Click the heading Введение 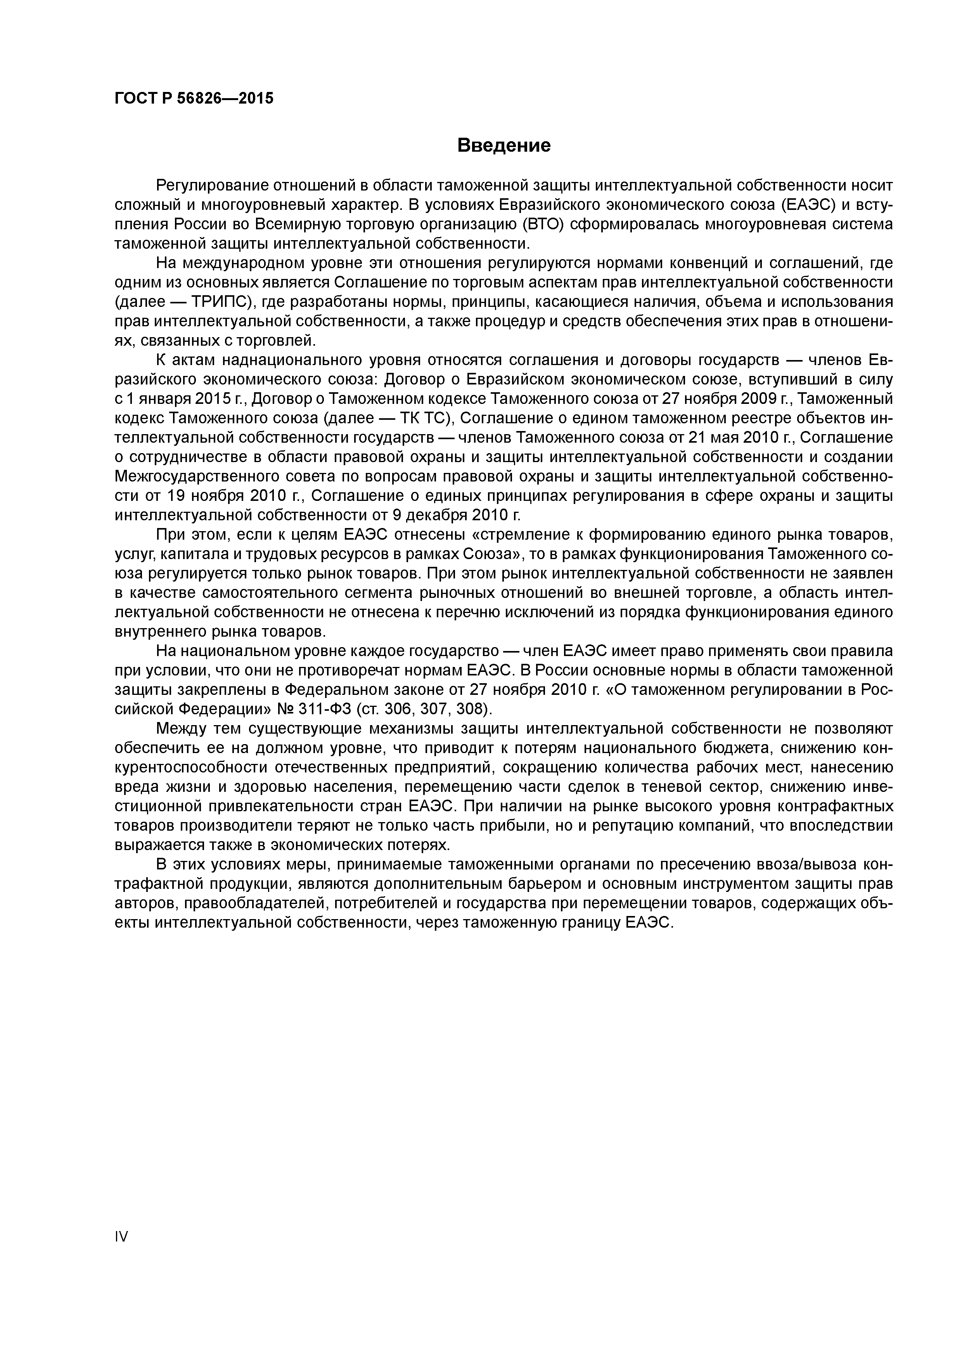[x=504, y=145]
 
